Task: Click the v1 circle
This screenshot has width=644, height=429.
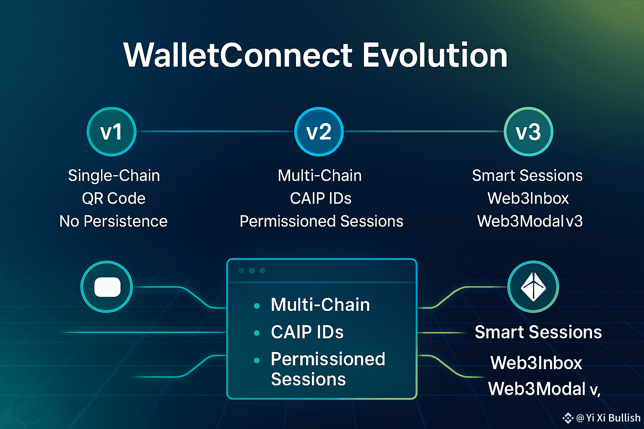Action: point(112,132)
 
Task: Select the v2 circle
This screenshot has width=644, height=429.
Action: point(319,132)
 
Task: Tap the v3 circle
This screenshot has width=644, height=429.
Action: point(528,132)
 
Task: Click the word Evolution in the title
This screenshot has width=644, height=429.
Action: point(435,55)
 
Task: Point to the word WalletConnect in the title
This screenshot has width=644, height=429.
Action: point(238,55)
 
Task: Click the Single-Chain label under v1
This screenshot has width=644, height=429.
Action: point(114,175)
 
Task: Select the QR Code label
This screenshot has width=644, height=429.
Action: point(114,198)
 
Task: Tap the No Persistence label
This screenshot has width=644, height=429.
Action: point(113,221)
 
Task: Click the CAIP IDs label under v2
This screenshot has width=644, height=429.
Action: point(321,198)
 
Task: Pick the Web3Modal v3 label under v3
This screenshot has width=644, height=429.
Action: point(530,221)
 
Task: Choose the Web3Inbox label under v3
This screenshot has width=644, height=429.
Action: point(528,198)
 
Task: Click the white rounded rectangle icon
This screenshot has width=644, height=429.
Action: point(107,287)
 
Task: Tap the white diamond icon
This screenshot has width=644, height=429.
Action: point(533,287)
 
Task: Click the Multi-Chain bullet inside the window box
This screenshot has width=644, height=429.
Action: point(320,305)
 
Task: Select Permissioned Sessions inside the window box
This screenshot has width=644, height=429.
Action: point(328,369)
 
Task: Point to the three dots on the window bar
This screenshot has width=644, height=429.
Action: point(252,270)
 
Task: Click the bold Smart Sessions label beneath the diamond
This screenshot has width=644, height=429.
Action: point(538,332)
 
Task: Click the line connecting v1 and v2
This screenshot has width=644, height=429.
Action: point(216,131)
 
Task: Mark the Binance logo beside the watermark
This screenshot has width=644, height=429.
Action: point(568,418)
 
